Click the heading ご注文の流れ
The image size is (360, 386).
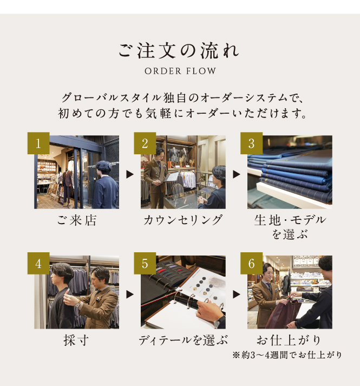tap(179, 51)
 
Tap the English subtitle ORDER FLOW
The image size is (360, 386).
tap(180, 71)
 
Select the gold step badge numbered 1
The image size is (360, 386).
tap(38, 143)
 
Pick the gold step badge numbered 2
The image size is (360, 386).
tap(145, 143)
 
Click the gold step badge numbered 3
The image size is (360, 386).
tap(251, 143)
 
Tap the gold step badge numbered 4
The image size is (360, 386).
tap(38, 263)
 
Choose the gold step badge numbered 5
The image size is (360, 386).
tap(145, 263)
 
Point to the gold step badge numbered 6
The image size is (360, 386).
tap(251, 263)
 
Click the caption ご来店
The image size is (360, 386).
tap(76, 220)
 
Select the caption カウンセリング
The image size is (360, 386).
tap(183, 220)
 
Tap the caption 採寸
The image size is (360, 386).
tap(76, 340)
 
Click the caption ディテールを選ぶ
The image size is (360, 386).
tap(183, 340)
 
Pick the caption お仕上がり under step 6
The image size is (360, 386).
tap(289, 340)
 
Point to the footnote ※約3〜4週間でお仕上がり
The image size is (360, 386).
tap(287, 355)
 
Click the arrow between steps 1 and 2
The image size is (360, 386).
tap(130, 174)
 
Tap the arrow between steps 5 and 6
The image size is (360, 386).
tap(237, 294)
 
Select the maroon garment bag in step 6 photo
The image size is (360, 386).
tap(283, 315)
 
